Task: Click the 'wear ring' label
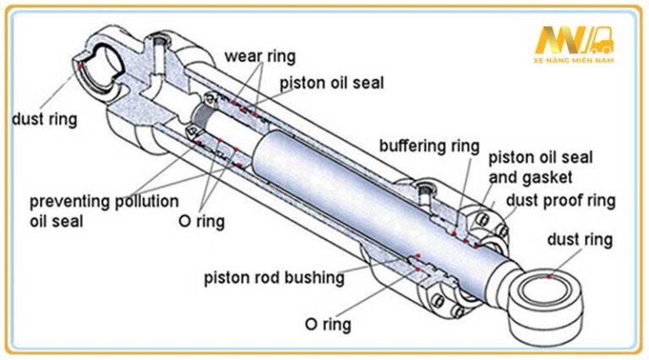pos(259,57)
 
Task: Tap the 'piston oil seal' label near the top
pos(331,83)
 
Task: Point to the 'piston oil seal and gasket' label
pos(541,166)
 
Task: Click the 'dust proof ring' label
pos(560,200)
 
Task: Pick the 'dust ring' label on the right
pos(580,239)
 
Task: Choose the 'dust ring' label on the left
pos(44,119)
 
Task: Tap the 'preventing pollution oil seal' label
pos(103,211)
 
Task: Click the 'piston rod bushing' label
pos(274,277)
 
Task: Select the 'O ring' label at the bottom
pos(327,324)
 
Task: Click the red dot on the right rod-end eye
pos(549,275)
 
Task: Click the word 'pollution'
pos(146,202)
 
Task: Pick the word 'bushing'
pos(317,277)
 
